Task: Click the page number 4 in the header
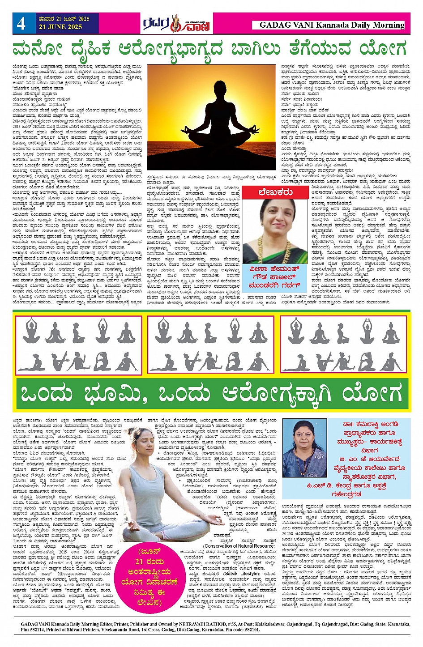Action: [21, 23]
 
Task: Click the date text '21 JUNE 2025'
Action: [64, 27]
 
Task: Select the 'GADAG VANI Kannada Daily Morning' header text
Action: [332, 25]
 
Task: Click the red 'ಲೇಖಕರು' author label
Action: [275, 192]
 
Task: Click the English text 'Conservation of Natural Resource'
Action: [239, 545]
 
